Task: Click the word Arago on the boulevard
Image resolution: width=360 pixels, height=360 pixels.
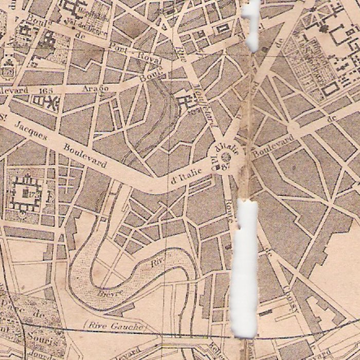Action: click(95, 88)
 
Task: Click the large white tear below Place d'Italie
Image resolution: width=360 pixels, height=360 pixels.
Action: click(244, 267)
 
